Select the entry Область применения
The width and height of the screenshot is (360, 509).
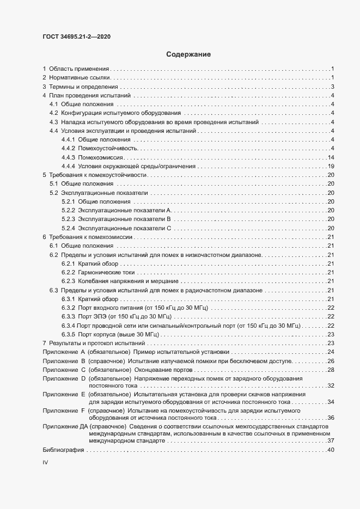80,69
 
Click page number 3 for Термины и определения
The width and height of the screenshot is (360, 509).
332,87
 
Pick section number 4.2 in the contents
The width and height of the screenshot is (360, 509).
54,113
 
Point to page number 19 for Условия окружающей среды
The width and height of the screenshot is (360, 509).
330,165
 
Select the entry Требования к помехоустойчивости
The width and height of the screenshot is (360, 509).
98,175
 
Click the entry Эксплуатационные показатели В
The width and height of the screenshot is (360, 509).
125,219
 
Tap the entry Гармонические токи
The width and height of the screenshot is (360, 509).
106,272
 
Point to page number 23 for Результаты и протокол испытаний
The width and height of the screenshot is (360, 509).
330,343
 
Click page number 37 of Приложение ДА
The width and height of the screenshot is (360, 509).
330,440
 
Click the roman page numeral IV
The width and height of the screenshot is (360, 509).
45,462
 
